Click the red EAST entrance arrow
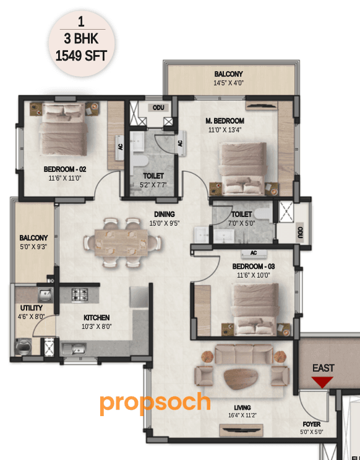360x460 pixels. [322, 382]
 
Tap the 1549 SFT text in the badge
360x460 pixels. [81, 56]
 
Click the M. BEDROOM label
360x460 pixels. [225, 121]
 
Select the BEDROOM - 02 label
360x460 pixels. [64, 169]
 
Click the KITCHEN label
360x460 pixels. [96, 318]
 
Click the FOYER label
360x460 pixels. [311, 424]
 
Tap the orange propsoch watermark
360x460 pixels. [155, 402]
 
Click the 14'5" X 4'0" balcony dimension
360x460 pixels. [229, 82]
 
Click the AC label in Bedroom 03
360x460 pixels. [254, 253]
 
